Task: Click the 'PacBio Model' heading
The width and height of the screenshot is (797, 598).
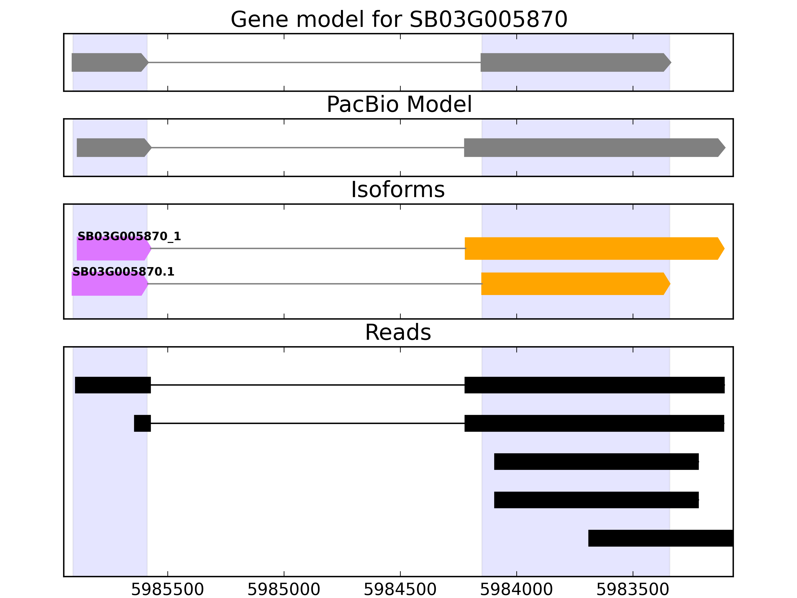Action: tap(399, 105)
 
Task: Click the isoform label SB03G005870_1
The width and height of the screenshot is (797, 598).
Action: tap(129, 236)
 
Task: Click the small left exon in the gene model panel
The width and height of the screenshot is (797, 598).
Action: tap(108, 62)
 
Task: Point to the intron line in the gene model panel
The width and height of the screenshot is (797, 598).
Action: tap(314, 62)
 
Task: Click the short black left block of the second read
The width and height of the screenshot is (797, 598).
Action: tap(142, 423)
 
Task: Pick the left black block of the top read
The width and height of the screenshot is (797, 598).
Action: tap(113, 385)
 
